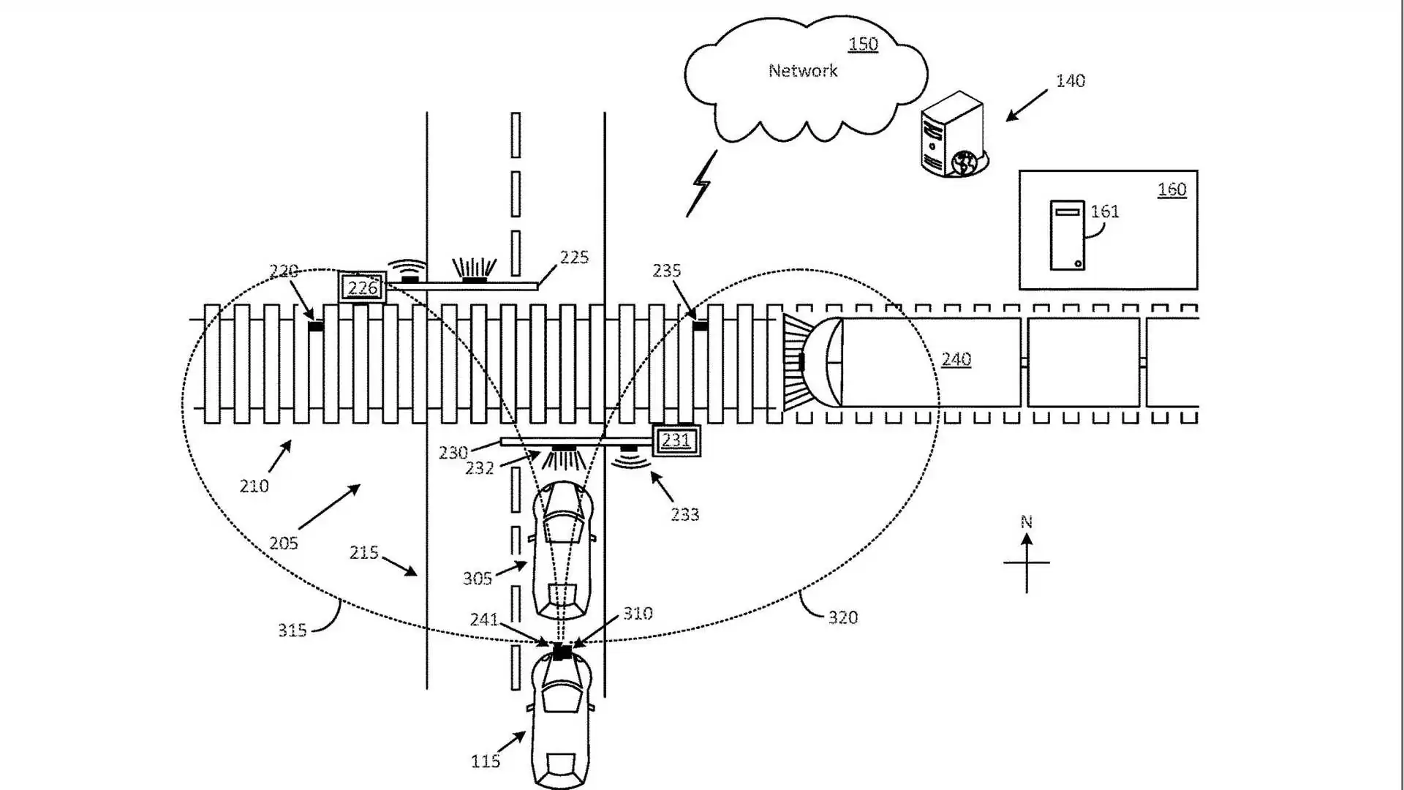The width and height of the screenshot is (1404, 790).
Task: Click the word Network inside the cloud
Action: pos(802,71)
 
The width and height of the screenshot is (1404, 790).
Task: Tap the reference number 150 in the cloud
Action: pos(863,45)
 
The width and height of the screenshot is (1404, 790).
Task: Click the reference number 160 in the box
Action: pos(1171,189)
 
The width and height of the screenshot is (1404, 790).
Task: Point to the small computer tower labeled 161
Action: pos(1067,236)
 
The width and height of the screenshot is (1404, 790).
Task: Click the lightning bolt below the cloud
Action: pos(701,184)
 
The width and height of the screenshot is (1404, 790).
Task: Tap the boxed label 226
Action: pos(363,287)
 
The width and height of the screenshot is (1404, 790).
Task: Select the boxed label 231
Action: pos(676,440)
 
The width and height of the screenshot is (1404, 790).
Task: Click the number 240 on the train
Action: pos(956,359)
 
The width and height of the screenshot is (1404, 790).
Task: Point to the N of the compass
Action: pos(1026,522)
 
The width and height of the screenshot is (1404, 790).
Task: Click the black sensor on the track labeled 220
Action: pos(316,326)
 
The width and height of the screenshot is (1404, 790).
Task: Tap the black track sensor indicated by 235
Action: pos(700,326)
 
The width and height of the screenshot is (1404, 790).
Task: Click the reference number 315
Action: pos(292,630)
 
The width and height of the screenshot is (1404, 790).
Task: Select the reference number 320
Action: pos(842,618)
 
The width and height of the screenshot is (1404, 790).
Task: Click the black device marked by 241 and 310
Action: pos(562,651)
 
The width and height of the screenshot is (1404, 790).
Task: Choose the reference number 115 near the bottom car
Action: pos(485,761)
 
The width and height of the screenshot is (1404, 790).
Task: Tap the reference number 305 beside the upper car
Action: pos(477,579)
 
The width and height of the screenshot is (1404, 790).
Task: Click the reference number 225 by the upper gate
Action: pos(574,257)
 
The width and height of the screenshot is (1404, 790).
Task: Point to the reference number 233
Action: pos(684,515)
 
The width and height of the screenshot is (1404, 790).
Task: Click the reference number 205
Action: pos(283,543)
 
